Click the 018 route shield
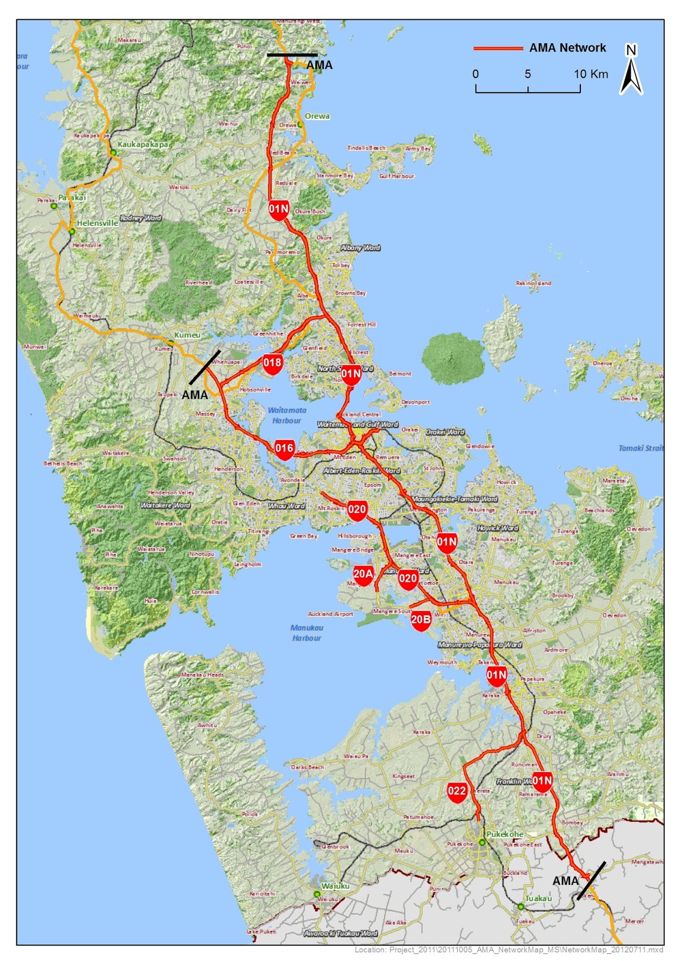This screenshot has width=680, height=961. [272, 363]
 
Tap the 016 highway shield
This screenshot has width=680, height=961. [284, 449]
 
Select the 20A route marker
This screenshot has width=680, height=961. [363, 575]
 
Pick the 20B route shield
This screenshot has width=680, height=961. [421, 620]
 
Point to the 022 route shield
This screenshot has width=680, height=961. [457, 792]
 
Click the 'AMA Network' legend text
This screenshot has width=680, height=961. [567, 48]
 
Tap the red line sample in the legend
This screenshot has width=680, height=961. [497, 48]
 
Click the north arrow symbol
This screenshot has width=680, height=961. [631, 70]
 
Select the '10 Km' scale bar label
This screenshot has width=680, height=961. [590, 74]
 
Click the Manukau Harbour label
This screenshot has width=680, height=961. [306, 632]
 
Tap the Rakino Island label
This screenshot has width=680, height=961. [533, 283]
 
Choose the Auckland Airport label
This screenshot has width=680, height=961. [330, 614]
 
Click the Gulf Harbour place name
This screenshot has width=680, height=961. [396, 176]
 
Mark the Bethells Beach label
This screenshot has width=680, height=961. [63, 463]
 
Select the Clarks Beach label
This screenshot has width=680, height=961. [308, 767]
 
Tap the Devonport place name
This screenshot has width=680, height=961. [415, 402]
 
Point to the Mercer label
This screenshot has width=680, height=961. [634, 921]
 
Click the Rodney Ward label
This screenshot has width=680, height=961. [141, 218]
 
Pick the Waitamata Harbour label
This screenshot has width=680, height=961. [287, 415]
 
